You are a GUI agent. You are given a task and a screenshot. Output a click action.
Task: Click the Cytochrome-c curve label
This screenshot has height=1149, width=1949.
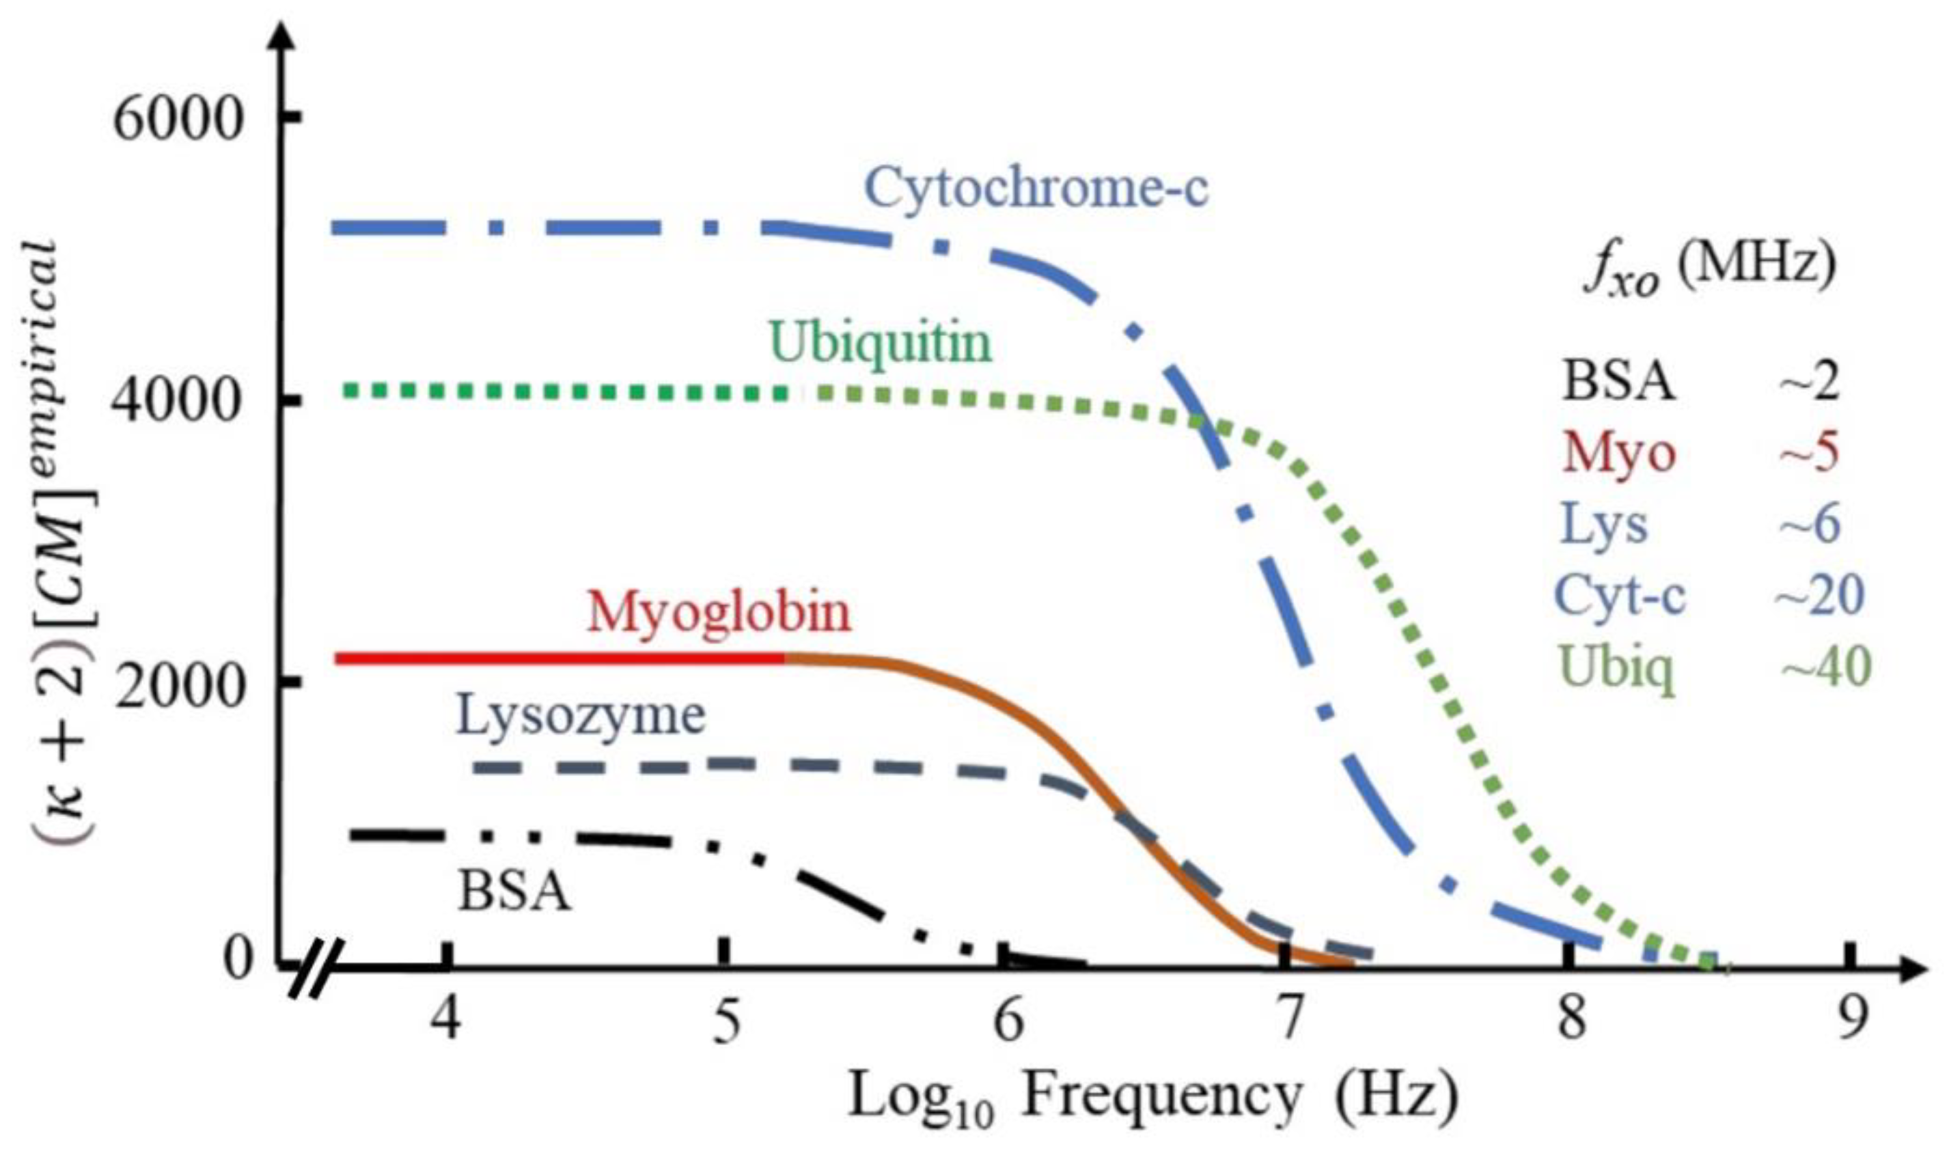(x=1035, y=188)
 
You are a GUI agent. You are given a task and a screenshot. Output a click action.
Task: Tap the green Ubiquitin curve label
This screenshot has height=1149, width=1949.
(x=880, y=343)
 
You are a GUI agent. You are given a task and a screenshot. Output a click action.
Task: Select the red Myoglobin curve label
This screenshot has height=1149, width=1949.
(x=719, y=613)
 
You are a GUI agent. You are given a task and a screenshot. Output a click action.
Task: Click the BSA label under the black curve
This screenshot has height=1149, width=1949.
(x=514, y=892)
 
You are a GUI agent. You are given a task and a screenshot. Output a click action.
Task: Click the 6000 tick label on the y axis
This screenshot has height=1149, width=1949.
(x=177, y=120)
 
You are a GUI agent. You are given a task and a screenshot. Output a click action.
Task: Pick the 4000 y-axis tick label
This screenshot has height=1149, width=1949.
(x=177, y=401)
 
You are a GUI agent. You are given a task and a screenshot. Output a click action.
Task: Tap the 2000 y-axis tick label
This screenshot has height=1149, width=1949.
(x=177, y=683)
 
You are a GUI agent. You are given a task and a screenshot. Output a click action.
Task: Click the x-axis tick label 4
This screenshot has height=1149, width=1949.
(x=447, y=1021)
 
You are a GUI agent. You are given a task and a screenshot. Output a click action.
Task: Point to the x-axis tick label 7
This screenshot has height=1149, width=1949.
(x=1286, y=1021)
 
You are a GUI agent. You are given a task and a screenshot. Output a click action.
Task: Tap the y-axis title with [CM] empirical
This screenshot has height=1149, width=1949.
(x=66, y=542)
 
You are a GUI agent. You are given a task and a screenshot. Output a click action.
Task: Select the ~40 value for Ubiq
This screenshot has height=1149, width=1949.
(x=1825, y=667)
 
